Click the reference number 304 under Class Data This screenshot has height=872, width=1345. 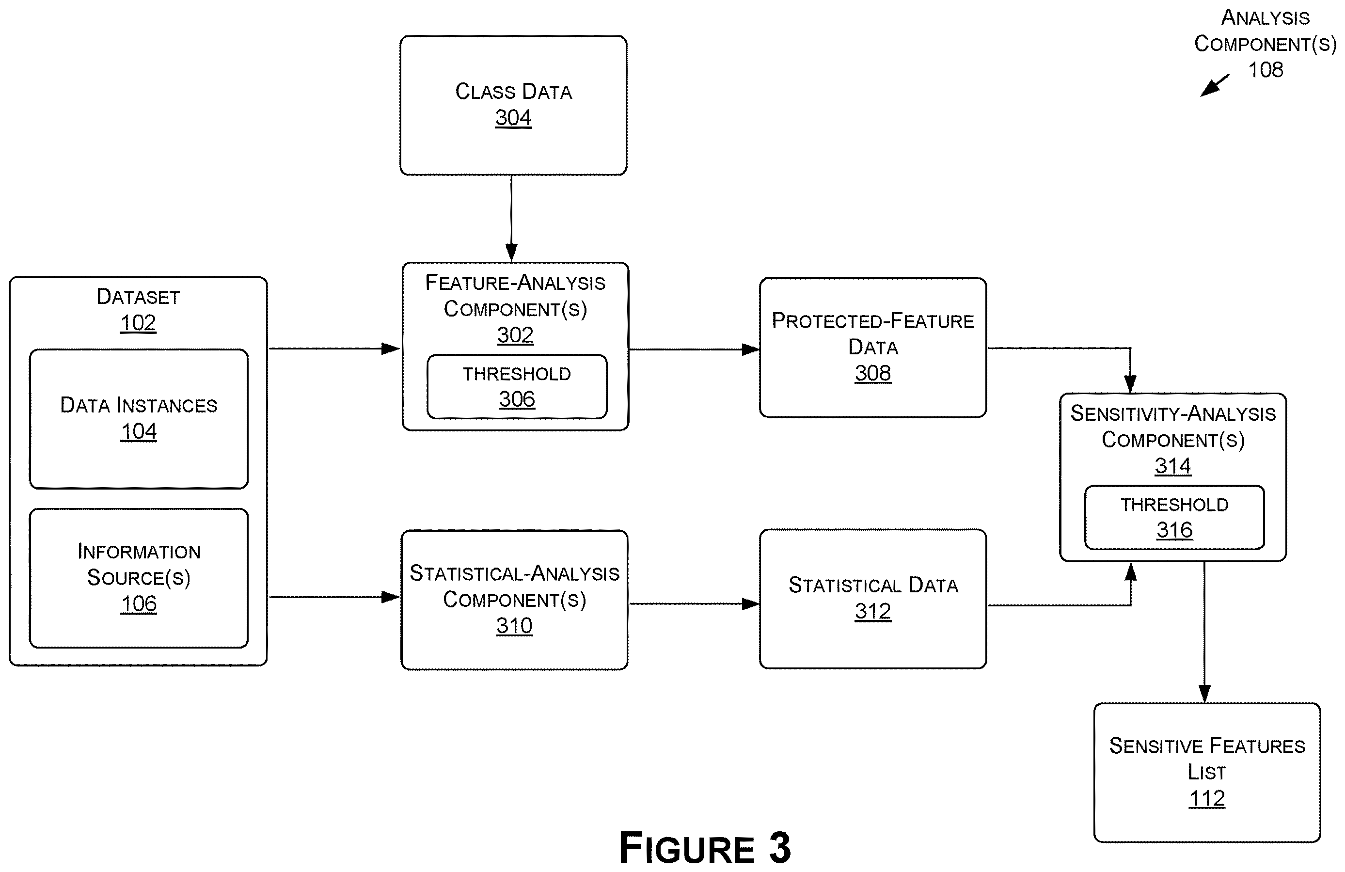(x=513, y=118)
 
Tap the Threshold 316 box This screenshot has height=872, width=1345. (x=1174, y=517)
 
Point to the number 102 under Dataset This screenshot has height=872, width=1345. (x=138, y=323)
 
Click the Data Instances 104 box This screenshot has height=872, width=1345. (x=139, y=419)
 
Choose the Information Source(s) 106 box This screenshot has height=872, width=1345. (x=139, y=578)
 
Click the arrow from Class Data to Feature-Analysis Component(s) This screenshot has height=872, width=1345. (x=511, y=218)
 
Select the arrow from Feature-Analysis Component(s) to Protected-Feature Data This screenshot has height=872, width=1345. (x=695, y=349)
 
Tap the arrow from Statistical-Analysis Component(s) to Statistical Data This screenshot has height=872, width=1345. (x=694, y=603)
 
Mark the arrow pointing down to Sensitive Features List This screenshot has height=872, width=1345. (x=1204, y=633)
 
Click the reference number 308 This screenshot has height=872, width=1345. (x=873, y=373)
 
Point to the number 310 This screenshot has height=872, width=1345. (x=514, y=626)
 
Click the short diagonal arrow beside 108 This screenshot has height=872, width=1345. (x=1215, y=85)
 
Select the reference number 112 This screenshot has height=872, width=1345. (x=1207, y=798)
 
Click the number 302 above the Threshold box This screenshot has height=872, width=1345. (x=515, y=335)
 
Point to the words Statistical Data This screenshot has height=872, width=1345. (x=873, y=585)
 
